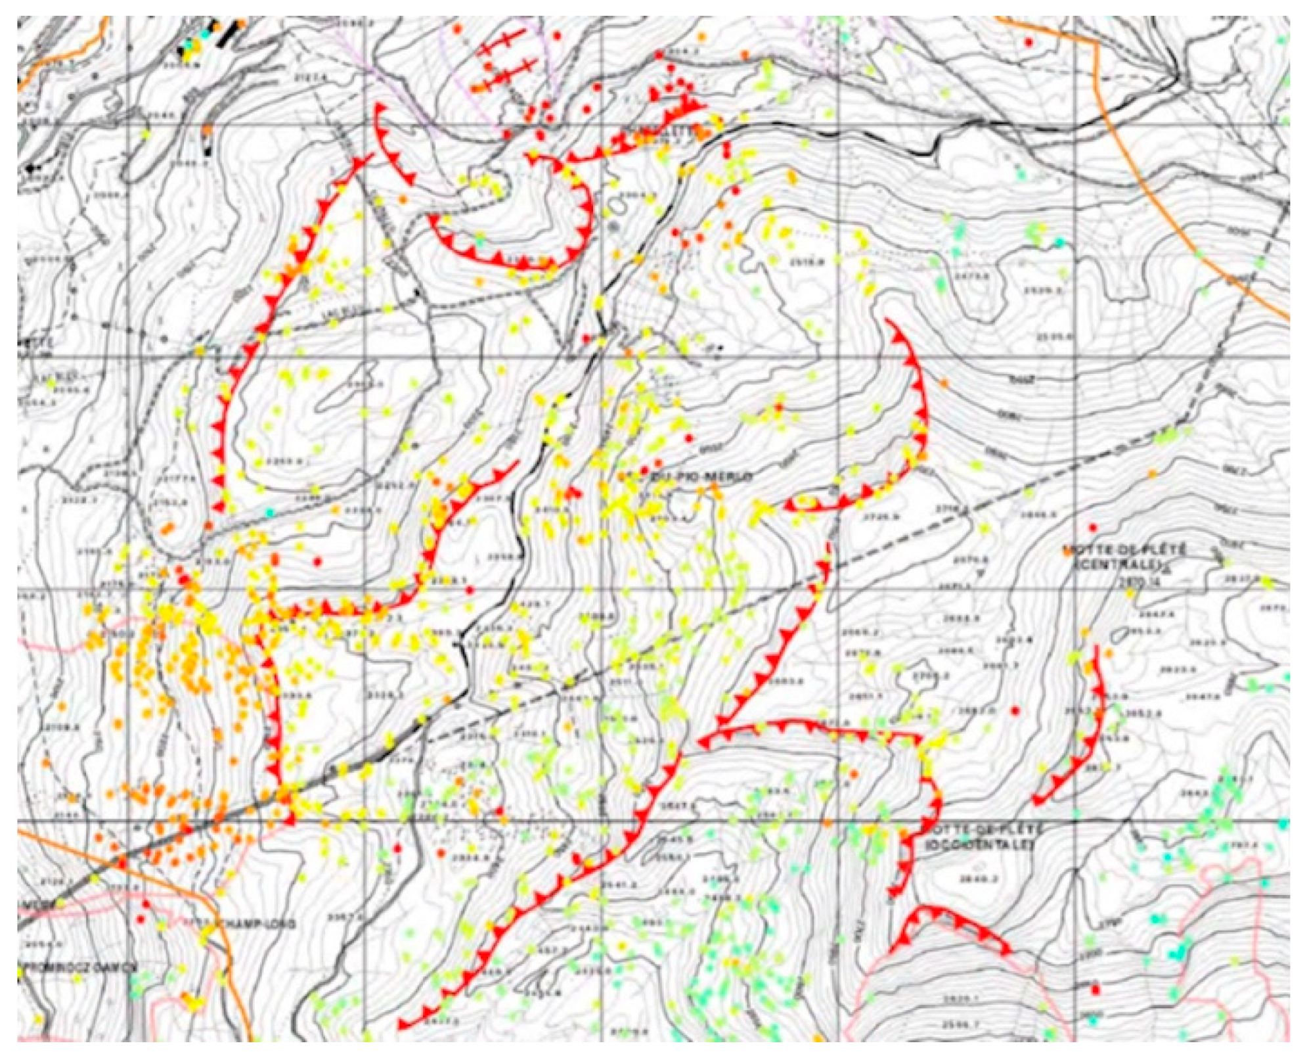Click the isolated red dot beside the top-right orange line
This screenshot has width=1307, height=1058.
(x=1029, y=43)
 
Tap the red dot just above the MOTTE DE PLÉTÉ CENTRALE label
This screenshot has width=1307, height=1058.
(x=1093, y=527)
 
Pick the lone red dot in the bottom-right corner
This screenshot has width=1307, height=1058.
(x=1095, y=989)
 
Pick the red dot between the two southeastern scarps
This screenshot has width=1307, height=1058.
(x=1016, y=711)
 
